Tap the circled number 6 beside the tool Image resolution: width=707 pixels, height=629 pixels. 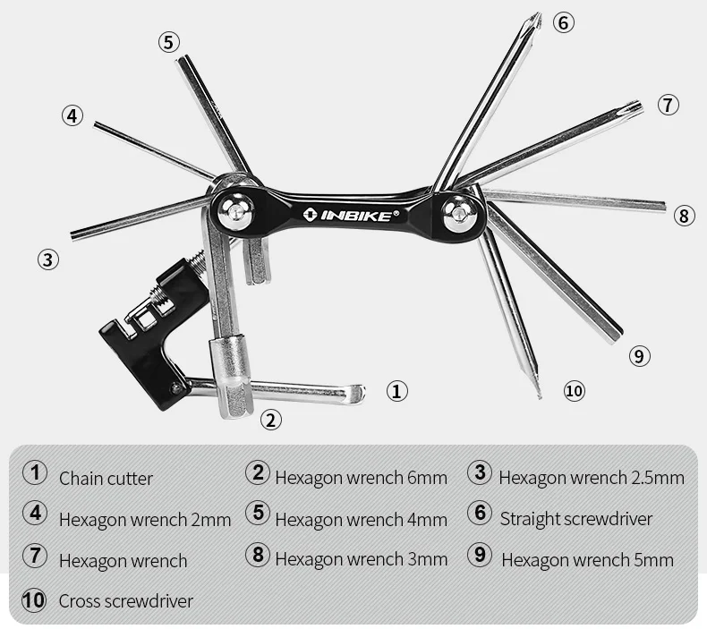(x=564, y=22)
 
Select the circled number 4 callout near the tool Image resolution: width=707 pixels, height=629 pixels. (x=72, y=115)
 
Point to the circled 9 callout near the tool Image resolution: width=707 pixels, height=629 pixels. (x=639, y=356)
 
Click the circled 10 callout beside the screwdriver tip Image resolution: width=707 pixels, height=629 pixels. (x=574, y=390)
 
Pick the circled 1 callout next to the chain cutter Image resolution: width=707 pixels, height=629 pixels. (x=396, y=391)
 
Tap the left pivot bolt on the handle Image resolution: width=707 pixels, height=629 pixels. (x=234, y=210)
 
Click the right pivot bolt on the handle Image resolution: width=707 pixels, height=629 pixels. (x=459, y=211)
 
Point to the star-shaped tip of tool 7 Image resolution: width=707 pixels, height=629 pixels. (x=635, y=106)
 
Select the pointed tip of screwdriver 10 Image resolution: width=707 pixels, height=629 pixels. (x=540, y=396)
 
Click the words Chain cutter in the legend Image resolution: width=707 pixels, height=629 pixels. (x=106, y=479)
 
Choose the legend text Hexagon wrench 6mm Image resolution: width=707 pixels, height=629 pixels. (x=362, y=478)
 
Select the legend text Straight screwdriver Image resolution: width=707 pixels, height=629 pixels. (x=576, y=519)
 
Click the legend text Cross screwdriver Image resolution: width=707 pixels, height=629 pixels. (x=126, y=601)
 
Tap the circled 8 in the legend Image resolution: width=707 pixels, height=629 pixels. (x=258, y=555)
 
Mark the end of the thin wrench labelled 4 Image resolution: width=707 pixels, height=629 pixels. (x=95, y=123)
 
